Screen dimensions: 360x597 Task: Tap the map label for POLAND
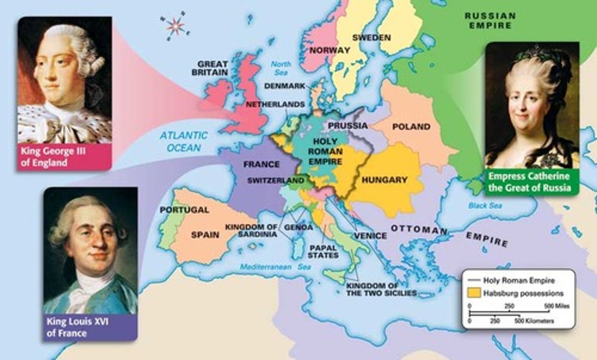(411, 127)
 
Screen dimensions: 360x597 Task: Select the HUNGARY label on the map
(384, 180)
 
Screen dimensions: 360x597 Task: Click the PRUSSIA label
(348, 126)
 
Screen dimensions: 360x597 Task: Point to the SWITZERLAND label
(276, 181)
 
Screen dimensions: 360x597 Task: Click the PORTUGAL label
(184, 210)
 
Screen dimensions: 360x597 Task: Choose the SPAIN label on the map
(205, 235)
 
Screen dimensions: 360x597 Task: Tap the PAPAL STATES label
(323, 251)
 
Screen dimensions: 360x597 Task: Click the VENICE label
(370, 236)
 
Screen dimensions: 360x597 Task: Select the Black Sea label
(485, 205)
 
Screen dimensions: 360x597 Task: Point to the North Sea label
(281, 68)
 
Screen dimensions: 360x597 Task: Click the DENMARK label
(284, 86)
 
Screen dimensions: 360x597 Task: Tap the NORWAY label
(330, 51)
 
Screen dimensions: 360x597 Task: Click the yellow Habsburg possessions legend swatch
(474, 292)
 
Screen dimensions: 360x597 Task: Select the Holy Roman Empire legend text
(518, 280)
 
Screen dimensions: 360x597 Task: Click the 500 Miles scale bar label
(557, 306)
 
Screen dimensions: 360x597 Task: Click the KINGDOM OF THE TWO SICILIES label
(381, 289)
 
